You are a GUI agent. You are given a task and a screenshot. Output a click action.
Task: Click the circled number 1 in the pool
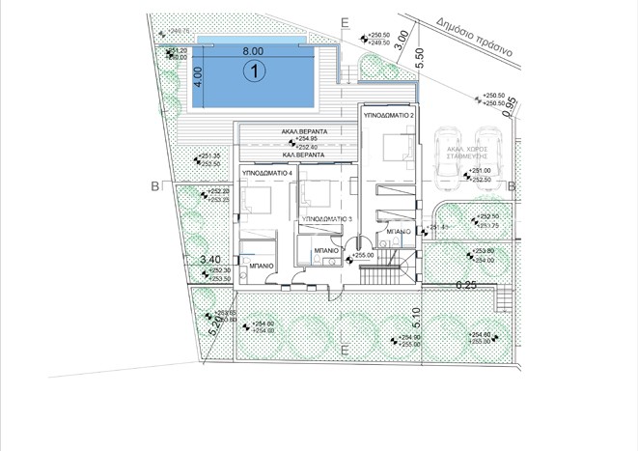tap(254, 70)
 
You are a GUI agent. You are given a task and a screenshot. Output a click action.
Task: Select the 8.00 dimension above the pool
tap(253, 49)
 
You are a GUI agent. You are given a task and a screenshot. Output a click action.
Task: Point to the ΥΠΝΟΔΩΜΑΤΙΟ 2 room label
tap(389, 115)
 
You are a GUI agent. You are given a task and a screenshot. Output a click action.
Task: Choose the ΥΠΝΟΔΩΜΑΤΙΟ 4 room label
tap(267, 171)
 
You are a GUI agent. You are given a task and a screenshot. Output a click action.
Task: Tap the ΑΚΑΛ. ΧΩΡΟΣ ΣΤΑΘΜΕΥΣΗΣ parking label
tap(465, 153)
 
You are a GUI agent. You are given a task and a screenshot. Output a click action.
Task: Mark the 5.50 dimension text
tap(419, 56)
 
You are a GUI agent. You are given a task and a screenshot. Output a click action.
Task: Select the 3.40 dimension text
tap(209, 259)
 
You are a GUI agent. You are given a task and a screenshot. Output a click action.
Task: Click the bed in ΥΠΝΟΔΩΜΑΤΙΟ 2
tap(396, 150)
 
